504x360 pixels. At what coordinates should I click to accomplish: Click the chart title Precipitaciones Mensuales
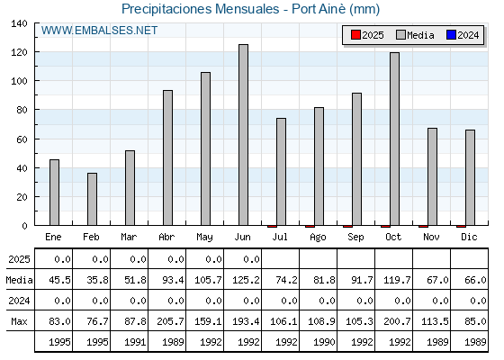coord(200,9)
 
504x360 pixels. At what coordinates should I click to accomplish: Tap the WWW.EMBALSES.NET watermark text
coord(99,31)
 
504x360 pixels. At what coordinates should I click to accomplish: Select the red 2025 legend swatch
coord(355,35)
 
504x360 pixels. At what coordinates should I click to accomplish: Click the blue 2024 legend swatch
coord(451,35)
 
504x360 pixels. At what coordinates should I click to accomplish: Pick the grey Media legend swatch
coord(400,35)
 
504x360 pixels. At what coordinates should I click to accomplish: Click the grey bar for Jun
coord(243,135)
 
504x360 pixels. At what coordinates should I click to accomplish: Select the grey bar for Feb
coord(92,199)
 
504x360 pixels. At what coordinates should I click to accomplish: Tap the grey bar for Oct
coord(395,139)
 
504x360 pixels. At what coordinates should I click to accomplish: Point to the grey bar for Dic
coord(470,178)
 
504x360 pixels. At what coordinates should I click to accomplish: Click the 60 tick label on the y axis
coord(22,139)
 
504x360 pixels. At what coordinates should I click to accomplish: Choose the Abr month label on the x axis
coord(166,238)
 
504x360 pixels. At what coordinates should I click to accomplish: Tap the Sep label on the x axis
coord(355,238)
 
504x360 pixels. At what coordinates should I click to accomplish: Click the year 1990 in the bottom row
coord(324,342)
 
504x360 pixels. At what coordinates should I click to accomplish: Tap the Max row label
coord(19,321)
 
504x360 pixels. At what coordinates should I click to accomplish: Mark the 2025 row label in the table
coord(19,259)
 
